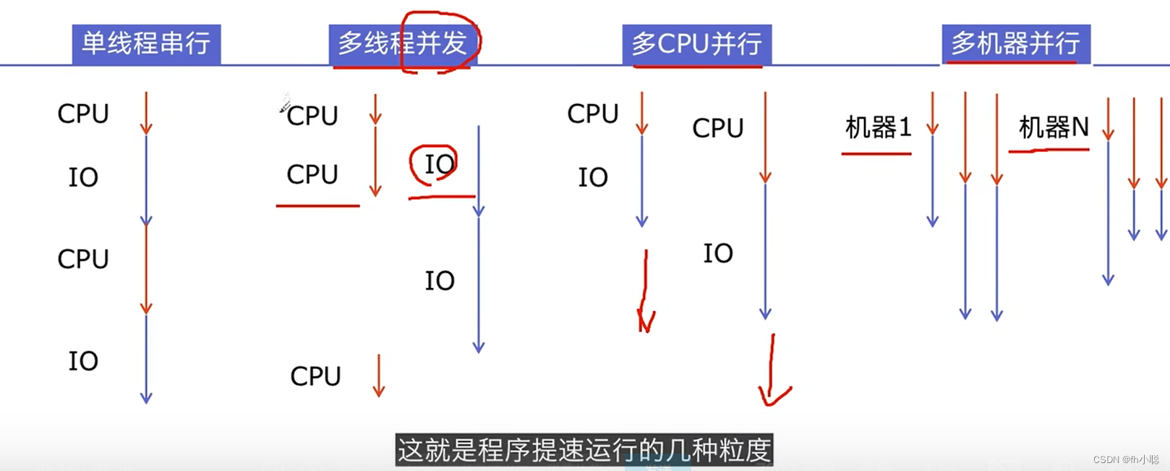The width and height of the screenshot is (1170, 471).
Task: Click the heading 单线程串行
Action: point(146,44)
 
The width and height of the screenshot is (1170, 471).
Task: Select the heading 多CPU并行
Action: point(696,44)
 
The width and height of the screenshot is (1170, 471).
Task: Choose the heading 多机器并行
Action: point(1015,44)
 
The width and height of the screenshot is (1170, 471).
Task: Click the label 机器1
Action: point(878,128)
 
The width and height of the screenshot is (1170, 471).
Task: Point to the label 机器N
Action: point(1053,128)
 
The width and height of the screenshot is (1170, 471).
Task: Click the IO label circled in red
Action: point(439,164)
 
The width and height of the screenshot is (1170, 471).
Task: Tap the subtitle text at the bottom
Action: point(584,450)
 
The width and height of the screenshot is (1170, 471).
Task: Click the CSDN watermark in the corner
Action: point(1125,459)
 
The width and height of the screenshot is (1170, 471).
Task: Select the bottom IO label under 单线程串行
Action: point(83,361)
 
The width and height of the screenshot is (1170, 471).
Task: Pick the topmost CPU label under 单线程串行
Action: point(83,114)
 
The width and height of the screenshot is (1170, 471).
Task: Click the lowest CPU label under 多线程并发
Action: point(315,376)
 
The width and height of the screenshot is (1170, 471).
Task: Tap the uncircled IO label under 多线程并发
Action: point(439,281)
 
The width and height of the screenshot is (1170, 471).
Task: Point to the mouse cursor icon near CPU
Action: point(285,104)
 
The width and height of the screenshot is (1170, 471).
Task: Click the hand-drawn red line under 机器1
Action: point(876,153)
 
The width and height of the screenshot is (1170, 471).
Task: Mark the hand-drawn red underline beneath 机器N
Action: point(1049,150)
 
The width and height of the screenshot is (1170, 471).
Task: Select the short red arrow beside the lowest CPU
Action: point(378,375)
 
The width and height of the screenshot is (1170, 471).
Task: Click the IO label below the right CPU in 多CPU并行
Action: point(718,253)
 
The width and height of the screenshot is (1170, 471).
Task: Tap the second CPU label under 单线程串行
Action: point(83,259)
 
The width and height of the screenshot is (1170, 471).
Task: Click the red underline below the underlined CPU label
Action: point(317,206)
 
